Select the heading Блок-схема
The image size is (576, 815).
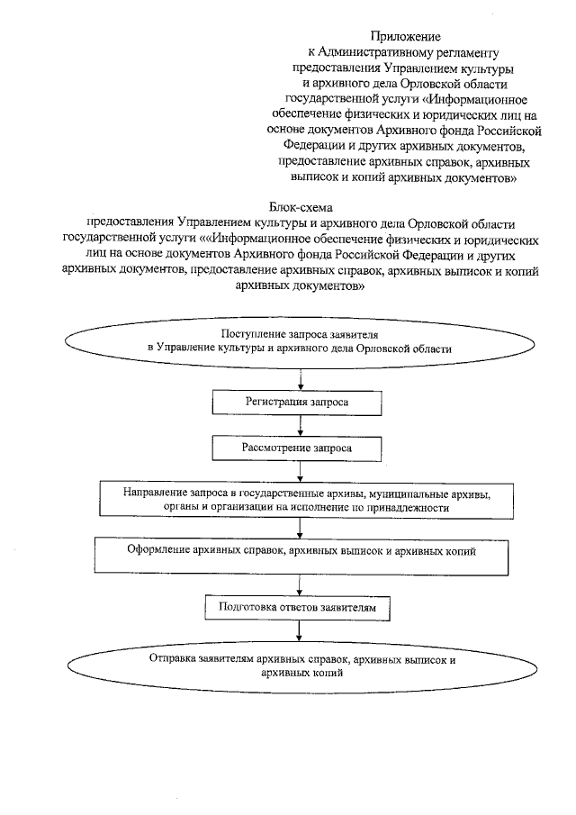click(301, 207)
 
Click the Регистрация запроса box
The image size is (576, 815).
click(301, 401)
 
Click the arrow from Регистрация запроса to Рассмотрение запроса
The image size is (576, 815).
click(301, 424)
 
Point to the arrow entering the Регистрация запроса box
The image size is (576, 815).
click(301, 378)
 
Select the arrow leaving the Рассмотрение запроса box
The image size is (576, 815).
click(301, 470)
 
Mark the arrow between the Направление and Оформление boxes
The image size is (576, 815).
click(301, 527)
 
